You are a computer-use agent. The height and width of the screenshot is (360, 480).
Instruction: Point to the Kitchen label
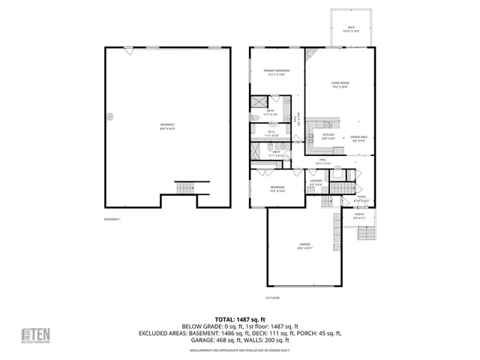[328, 136]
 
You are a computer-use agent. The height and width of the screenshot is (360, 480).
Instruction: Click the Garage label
[304, 246]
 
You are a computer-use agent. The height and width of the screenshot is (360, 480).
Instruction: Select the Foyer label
[361, 199]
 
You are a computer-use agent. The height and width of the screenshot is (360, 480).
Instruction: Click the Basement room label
[167, 126]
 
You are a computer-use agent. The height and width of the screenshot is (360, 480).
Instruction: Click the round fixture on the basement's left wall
[110, 115]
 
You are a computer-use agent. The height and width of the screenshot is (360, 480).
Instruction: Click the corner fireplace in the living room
[311, 55]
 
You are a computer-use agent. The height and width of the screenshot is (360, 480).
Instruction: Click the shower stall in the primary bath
[259, 104]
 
